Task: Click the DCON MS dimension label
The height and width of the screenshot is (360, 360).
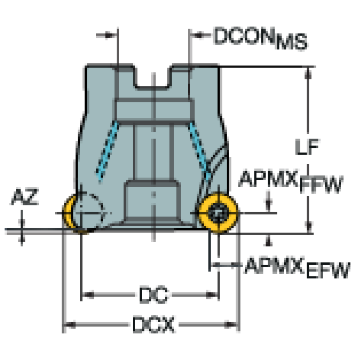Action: tap(260, 38)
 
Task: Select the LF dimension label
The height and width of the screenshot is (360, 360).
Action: tap(307, 147)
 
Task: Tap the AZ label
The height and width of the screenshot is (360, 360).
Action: tap(25, 197)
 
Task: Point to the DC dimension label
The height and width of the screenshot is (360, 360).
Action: tap(153, 295)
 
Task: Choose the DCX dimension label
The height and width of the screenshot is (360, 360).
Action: tap(153, 324)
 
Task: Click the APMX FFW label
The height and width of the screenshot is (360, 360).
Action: tap(291, 181)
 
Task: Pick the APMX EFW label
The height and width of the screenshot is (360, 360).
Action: tap(297, 268)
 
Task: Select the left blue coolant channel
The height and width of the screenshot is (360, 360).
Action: tap(107, 150)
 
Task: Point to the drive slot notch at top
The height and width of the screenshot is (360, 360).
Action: tap(153, 77)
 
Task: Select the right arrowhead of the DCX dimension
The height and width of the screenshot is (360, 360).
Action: tap(231, 324)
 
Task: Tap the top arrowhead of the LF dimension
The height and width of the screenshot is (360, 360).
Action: tap(308, 73)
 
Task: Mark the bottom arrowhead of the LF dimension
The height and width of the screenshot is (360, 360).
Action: tap(308, 227)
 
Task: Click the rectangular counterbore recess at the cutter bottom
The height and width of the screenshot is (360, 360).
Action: tap(152, 200)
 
